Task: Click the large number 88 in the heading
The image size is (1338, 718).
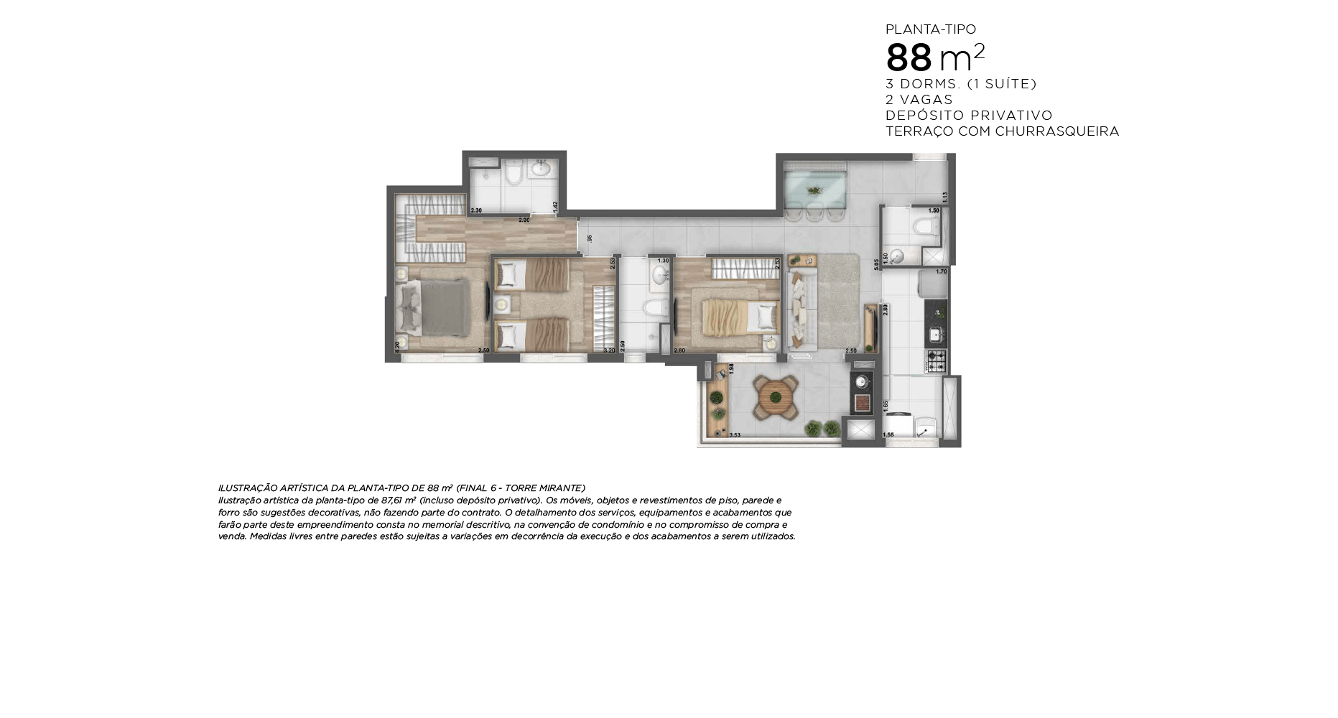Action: (x=909, y=58)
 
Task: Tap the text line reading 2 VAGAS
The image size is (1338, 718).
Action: (x=919, y=100)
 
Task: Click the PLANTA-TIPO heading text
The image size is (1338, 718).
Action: (x=930, y=29)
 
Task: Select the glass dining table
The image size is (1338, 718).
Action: (x=814, y=189)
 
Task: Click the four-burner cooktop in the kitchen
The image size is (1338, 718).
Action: (x=937, y=361)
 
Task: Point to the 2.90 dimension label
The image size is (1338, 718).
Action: (x=524, y=220)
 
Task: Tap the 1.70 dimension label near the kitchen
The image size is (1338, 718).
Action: (x=942, y=271)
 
